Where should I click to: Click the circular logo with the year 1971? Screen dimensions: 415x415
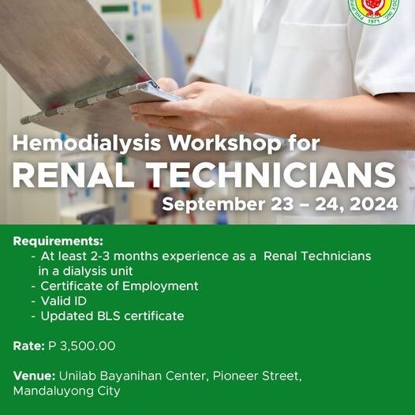373,10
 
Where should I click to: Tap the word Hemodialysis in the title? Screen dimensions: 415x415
87,144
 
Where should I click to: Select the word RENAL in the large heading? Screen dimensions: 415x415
73,175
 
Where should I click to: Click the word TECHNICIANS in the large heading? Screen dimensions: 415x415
271,175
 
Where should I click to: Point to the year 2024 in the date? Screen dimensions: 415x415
374,204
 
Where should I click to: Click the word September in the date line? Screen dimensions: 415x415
214,205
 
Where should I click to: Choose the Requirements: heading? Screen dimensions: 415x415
58,241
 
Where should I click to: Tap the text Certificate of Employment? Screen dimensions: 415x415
119,286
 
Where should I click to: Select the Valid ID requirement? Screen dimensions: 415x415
64,301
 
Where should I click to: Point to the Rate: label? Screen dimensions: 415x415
29,346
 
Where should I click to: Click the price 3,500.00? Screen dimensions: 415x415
88,346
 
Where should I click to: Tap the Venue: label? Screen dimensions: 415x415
34,376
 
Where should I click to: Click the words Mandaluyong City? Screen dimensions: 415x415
67,391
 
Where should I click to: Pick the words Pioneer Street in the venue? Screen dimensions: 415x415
256,376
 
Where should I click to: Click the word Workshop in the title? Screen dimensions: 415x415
224,144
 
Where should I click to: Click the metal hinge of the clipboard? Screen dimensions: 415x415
88,102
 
